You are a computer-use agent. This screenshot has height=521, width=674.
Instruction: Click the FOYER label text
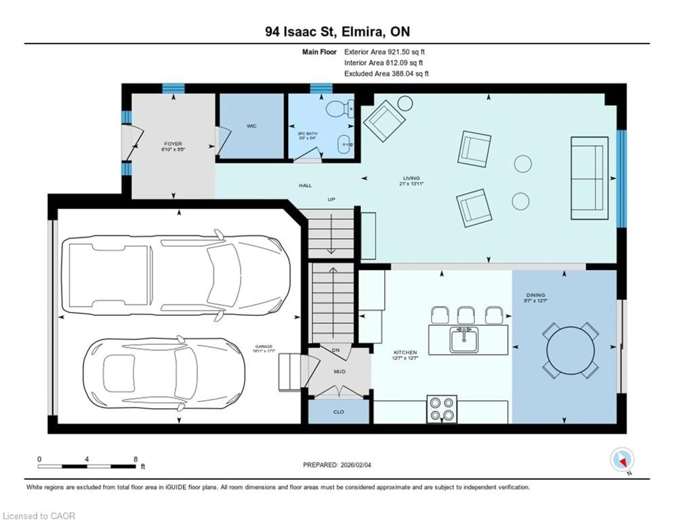coord(173,144)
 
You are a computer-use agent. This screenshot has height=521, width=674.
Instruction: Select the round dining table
coord(570,350)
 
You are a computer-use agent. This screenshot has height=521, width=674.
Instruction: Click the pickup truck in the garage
coord(176,275)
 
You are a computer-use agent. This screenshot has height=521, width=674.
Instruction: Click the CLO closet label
coord(339,412)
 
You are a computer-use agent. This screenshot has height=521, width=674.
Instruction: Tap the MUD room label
coord(339,372)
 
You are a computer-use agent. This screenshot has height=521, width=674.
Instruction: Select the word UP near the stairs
coord(331,199)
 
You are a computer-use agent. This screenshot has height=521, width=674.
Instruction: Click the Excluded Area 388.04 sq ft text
coord(386,74)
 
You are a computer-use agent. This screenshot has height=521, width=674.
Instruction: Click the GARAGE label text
coord(264,346)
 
